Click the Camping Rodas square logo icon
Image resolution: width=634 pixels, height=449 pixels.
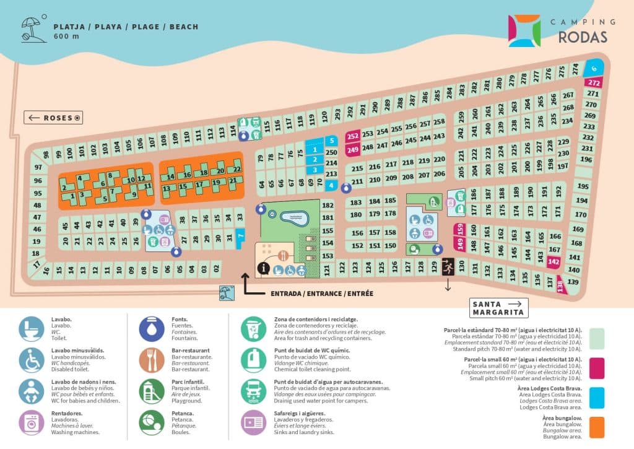(524, 30)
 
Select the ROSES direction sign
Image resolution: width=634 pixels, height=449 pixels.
(54, 118)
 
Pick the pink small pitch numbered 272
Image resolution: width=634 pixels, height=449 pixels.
(594, 82)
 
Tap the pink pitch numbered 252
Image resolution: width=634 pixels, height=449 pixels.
(352, 136)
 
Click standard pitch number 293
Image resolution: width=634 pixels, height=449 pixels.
(337, 113)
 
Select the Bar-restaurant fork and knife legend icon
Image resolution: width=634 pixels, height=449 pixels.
(151, 359)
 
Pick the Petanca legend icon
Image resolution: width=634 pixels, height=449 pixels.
(151, 422)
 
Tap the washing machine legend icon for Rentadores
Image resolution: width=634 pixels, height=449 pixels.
(30, 422)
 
